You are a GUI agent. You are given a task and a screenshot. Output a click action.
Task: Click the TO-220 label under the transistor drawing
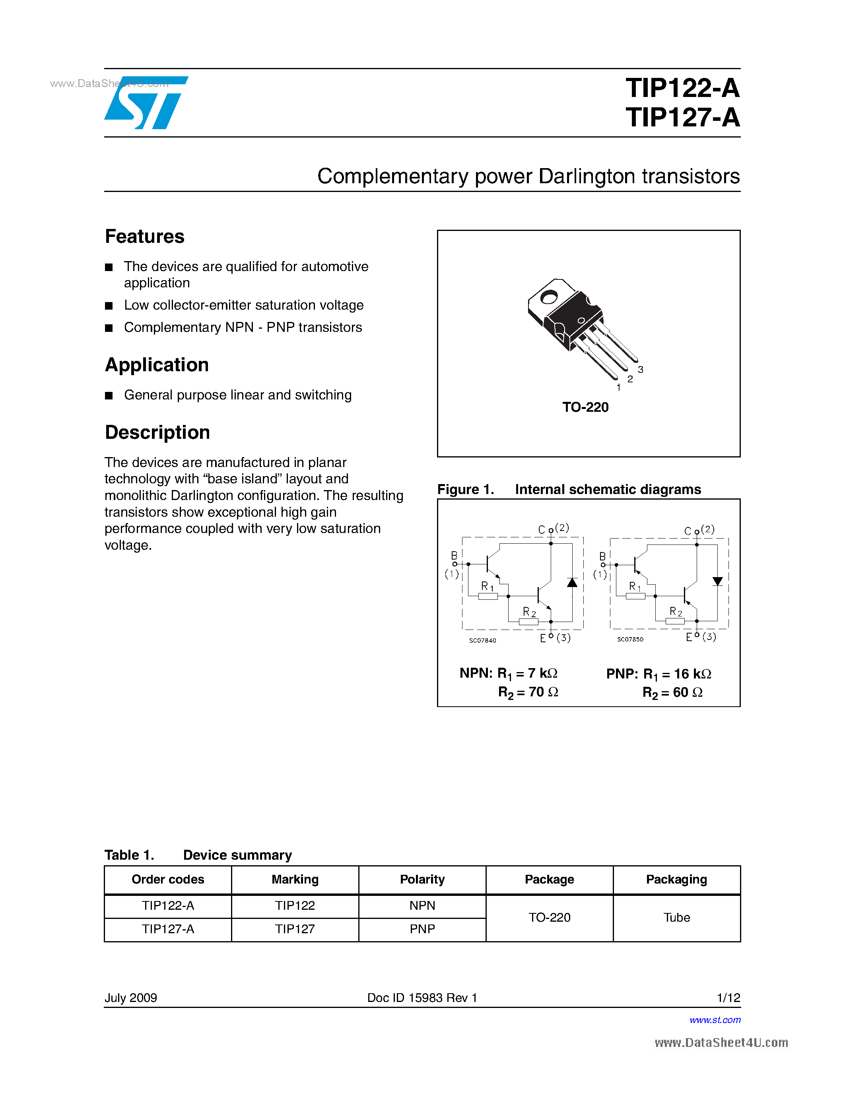(585, 407)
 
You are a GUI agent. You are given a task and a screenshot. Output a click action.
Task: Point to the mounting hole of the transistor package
(549, 298)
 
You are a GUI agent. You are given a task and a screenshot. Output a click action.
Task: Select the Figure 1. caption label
(466, 489)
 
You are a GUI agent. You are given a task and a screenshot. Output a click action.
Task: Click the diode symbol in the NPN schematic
(572, 583)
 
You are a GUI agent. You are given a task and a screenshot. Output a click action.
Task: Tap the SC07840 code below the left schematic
(483, 641)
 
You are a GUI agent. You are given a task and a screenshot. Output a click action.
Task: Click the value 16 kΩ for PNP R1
(692, 674)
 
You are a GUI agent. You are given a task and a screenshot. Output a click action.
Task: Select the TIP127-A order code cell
(168, 929)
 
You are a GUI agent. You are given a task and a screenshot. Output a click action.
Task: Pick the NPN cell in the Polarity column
(422, 906)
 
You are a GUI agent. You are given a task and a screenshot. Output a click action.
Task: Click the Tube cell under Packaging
(676, 918)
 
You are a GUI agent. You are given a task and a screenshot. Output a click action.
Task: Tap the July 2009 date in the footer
(131, 998)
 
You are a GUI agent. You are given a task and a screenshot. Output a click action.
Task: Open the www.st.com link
(715, 1020)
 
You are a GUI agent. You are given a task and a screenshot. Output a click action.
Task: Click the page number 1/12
(728, 998)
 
